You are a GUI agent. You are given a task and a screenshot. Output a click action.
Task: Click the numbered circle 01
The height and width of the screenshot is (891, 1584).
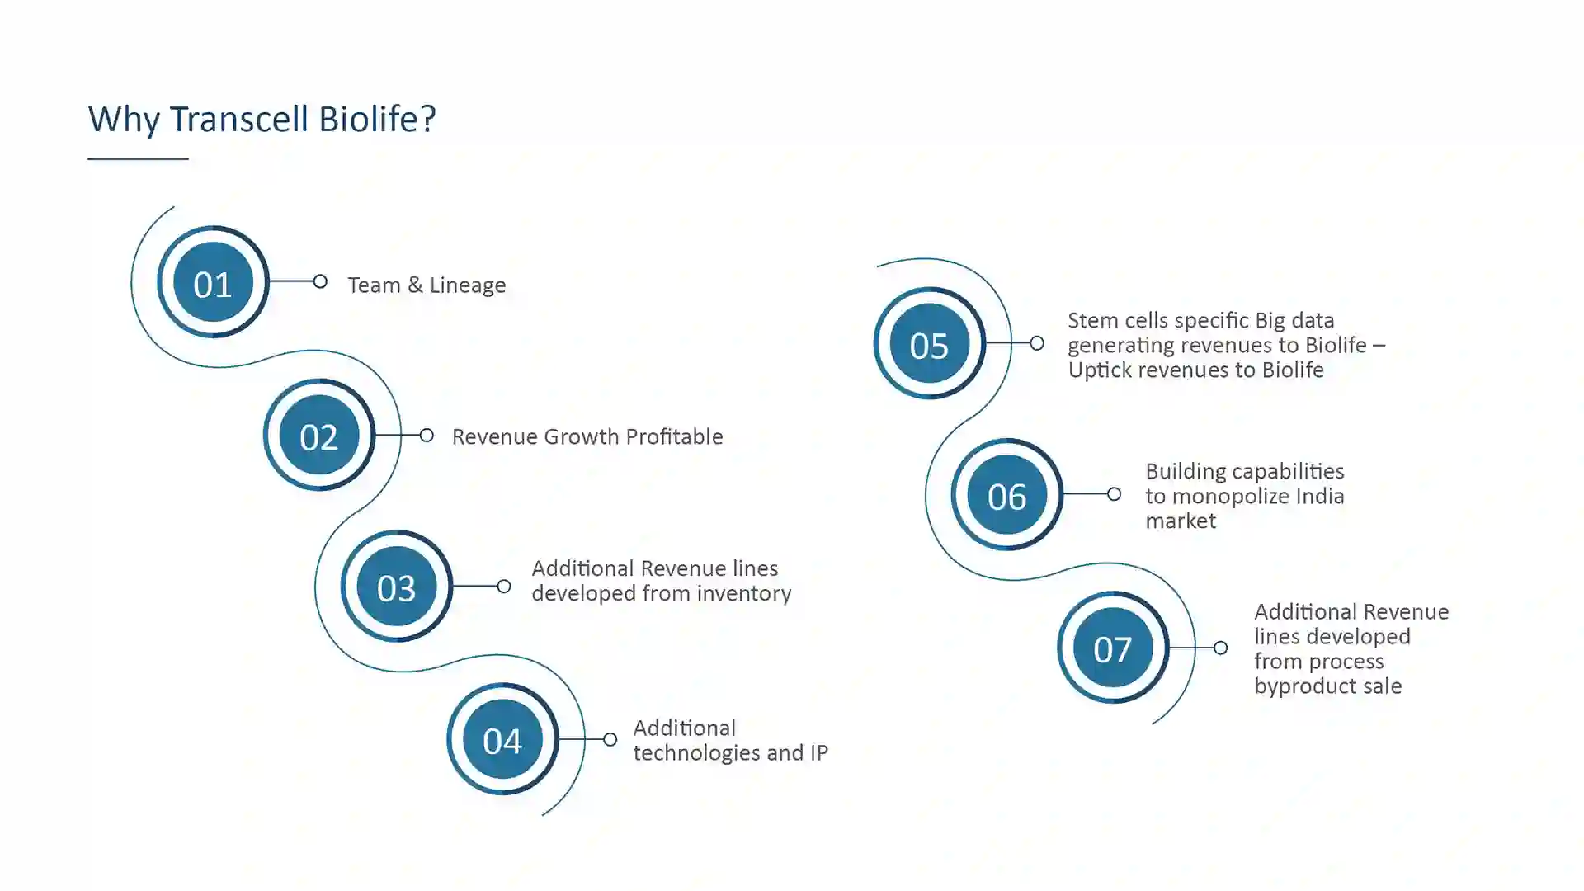(x=213, y=282)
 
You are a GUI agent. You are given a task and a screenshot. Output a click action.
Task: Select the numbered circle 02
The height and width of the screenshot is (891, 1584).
(x=319, y=435)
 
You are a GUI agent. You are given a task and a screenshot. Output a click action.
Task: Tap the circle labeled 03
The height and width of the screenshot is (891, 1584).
(x=397, y=587)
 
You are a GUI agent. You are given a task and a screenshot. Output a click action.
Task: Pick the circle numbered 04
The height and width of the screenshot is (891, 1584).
(x=502, y=739)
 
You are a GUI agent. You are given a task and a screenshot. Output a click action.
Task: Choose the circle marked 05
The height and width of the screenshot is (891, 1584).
(x=930, y=343)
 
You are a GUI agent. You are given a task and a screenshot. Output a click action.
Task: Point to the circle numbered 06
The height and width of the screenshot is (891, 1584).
(x=1007, y=494)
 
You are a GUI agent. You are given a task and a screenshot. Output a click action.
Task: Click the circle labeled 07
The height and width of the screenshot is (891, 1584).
(x=1113, y=648)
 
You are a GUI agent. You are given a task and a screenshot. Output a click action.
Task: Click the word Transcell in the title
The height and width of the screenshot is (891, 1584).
(x=240, y=119)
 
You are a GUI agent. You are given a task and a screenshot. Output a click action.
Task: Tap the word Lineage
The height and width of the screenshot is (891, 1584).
(x=468, y=285)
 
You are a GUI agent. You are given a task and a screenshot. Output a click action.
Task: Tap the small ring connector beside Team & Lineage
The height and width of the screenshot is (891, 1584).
(x=320, y=282)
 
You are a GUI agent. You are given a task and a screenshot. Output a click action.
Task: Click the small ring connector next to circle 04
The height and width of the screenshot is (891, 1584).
(x=610, y=739)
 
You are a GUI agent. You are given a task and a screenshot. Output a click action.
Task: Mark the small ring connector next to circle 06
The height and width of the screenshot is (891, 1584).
(x=1114, y=494)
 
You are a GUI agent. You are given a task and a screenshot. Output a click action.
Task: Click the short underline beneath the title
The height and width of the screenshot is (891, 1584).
(x=138, y=158)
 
